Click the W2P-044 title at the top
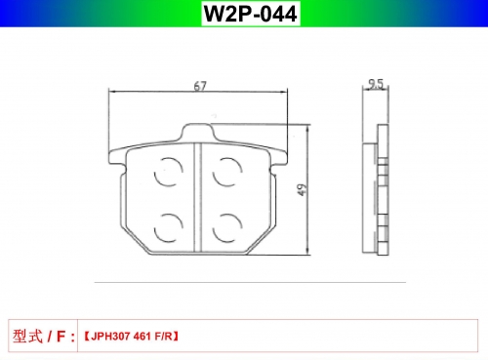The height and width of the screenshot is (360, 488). coord(250,14)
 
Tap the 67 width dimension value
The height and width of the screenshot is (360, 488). coord(200,86)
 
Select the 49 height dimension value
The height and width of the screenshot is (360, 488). coord(303,189)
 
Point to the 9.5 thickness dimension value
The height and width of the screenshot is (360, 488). coord(376,84)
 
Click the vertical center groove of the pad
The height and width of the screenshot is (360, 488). coord(198,197)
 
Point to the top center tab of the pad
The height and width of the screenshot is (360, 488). coord(198,132)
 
